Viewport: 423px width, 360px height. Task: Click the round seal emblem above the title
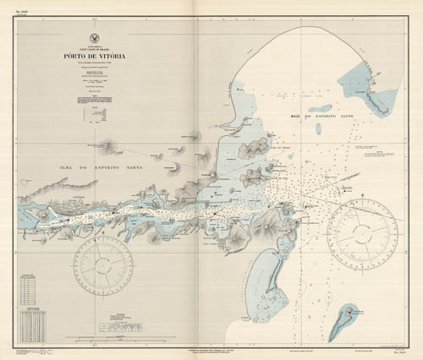pyautogui.click(x=93, y=38)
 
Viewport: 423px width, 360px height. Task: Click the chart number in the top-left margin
pyautogui.click(x=23, y=14)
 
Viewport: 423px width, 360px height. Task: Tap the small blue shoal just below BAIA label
pyautogui.click(x=318, y=129)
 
